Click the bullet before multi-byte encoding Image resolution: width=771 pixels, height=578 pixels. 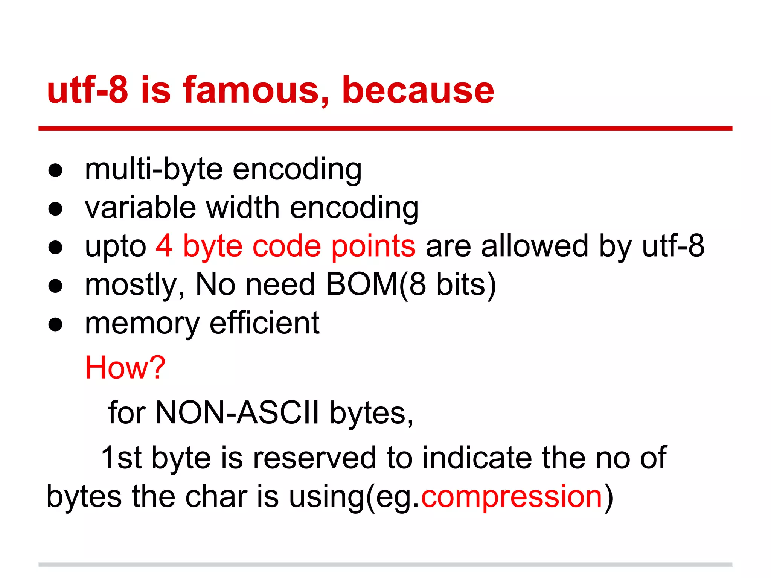tap(55, 170)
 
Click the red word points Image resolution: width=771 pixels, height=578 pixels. tap(373, 247)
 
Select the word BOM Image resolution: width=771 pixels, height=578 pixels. tap(361, 284)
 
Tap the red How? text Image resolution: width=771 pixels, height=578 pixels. tap(125, 368)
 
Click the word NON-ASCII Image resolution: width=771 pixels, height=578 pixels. tap(237, 413)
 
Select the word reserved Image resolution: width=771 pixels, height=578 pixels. tap(314, 458)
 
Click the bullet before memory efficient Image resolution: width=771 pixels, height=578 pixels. tap(55, 324)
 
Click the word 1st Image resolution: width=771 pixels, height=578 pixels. tap(121, 458)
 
